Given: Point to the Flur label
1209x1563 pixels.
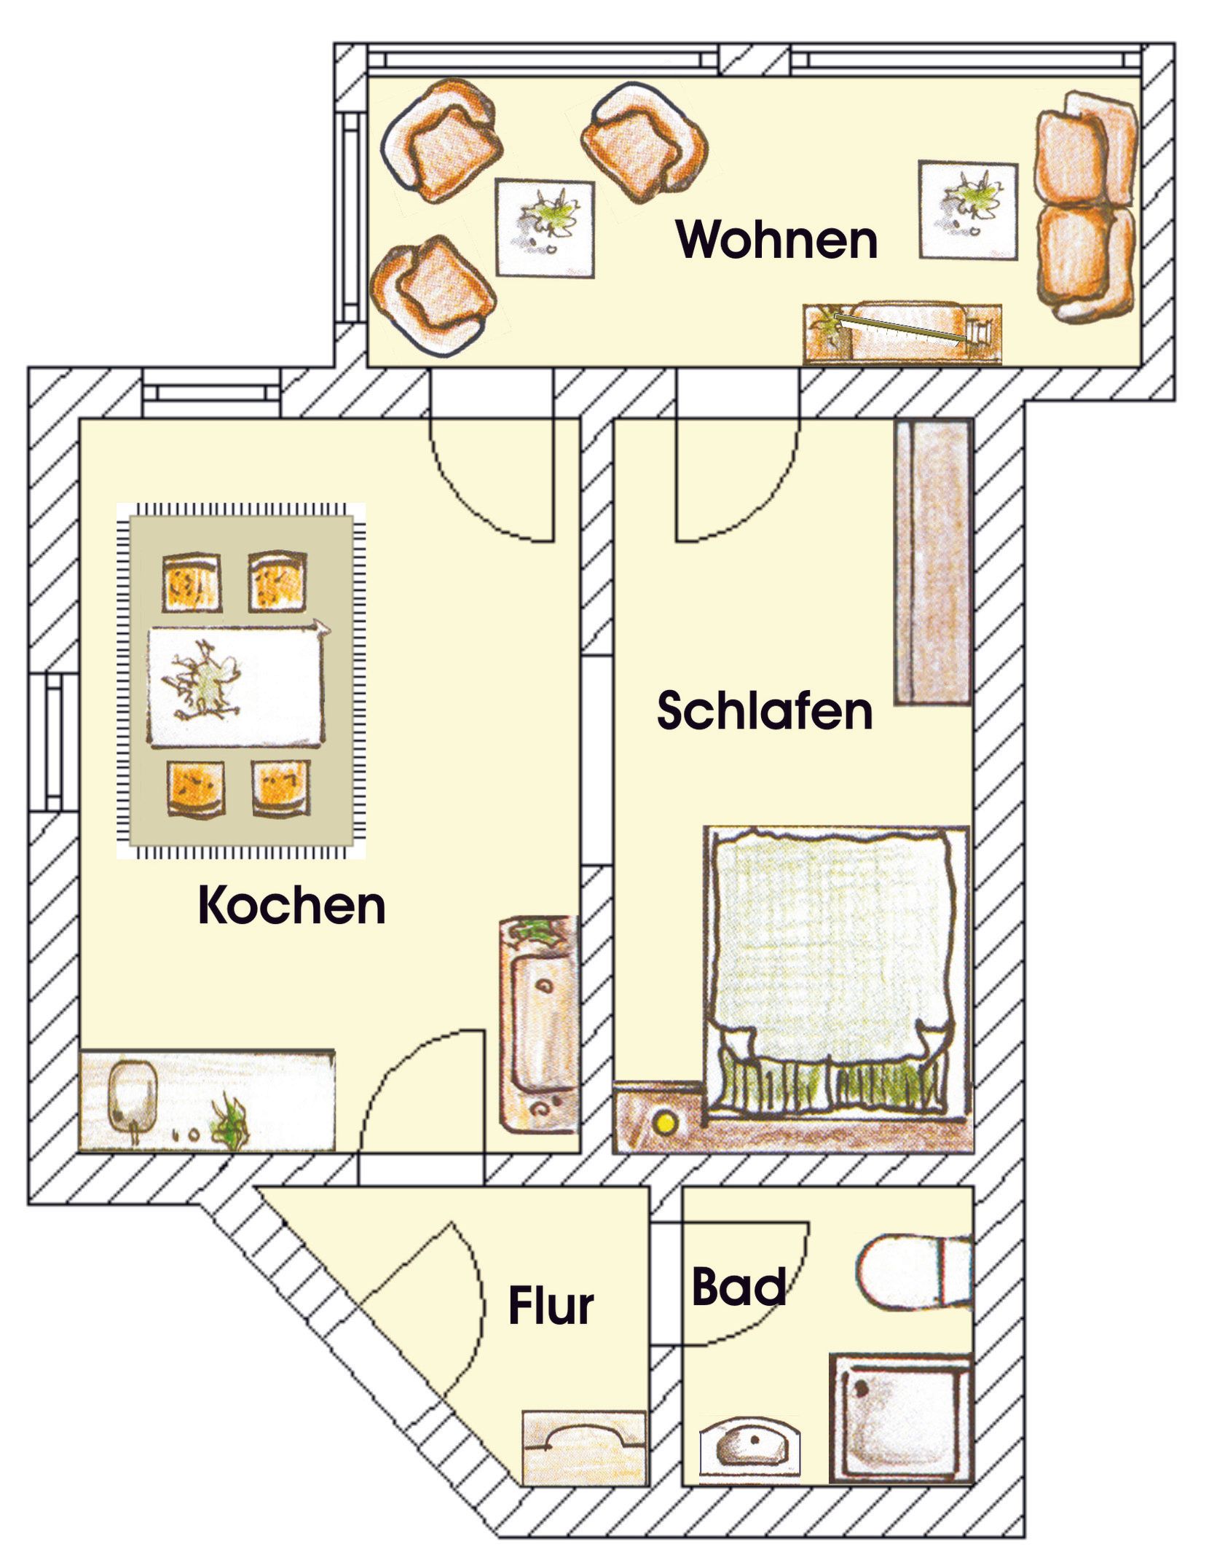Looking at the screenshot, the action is pyautogui.click(x=551, y=1306).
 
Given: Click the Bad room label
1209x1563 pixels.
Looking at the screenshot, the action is pyautogui.click(x=738, y=1286).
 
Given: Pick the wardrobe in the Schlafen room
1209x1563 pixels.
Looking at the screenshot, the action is pyautogui.click(x=934, y=563).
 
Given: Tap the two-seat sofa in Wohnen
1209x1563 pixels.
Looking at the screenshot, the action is pyautogui.click(x=1085, y=207).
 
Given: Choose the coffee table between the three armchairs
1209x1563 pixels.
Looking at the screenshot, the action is pyautogui.click(x=545, y=227).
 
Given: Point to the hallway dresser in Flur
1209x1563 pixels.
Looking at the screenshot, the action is pyautogui.click(x=585, y=1447).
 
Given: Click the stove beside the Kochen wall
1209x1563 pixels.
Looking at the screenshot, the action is pyautogui.click(x=540, y=1024).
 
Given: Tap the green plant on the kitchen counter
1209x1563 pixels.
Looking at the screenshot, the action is pyautogui.click(x=229, y=1124).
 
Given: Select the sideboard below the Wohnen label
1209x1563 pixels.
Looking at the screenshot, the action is pyautogui.click(x=903, y=333).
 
